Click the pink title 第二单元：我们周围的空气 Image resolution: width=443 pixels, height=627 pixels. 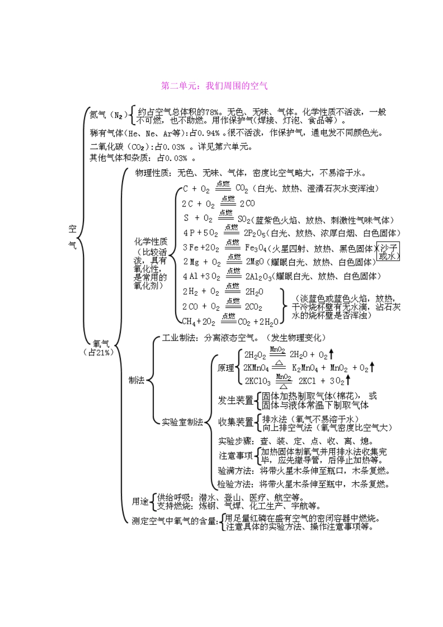tap(215, 86)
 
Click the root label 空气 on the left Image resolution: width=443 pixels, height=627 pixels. tap(72, 237)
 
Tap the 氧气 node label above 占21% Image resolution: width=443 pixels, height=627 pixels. tap(101, 344)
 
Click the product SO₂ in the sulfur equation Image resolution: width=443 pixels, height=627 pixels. tap(244, 219)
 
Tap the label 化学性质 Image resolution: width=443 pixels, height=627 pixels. tap(151, 242)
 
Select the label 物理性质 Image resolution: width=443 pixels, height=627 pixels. tap(153, 173)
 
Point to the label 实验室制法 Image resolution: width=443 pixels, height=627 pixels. tap(182, 422)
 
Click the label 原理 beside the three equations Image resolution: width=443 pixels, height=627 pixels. tap(226, 368)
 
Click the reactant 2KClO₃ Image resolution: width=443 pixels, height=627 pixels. tap(257, 381)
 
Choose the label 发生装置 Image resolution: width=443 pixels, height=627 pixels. tap(235, 400)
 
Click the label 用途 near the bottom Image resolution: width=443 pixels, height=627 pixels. tap(140, 502)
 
